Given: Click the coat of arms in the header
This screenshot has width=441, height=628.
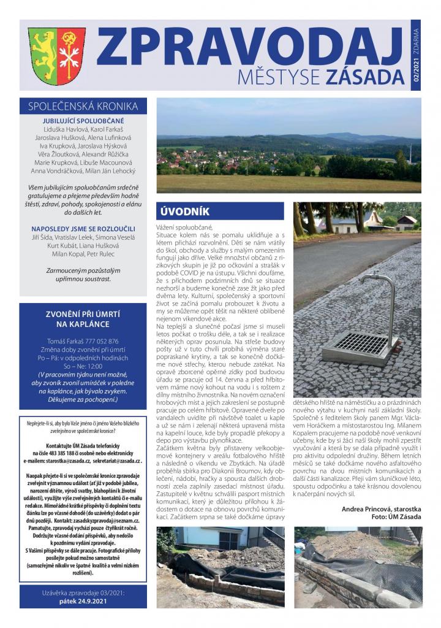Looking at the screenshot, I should (x=57, y=56).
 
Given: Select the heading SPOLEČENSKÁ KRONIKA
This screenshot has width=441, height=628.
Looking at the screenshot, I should (x=83, y=106).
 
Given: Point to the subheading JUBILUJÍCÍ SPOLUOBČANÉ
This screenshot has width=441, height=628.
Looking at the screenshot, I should (x=83, y=121).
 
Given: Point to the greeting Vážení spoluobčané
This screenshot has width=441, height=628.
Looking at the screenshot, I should (x=184, y=228).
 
